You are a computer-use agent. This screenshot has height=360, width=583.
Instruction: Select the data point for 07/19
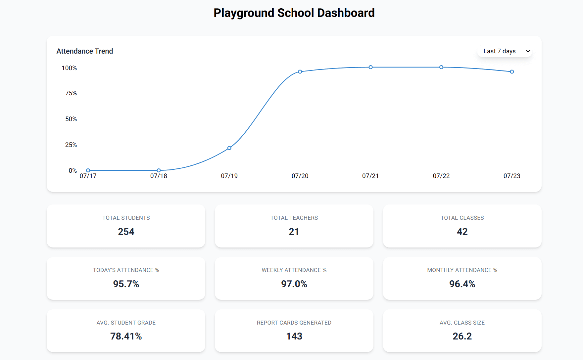(x=229, y=148)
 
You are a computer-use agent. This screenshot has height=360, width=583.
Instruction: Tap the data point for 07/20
(x=300, y=72)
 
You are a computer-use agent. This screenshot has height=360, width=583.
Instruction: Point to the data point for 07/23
(x=512, y=72)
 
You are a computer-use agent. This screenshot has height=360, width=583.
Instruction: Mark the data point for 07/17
(x=88, y=170)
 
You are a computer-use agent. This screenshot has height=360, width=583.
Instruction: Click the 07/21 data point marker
(x=371, y=67)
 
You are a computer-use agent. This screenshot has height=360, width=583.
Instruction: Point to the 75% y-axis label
(x=71, y=93)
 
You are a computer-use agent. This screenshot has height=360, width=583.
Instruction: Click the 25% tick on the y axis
(x=71, y=145)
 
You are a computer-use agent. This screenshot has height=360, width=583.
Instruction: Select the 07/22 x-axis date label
(x=441, y=176)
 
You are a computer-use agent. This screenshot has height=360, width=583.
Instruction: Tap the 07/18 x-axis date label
(x=159, y=176)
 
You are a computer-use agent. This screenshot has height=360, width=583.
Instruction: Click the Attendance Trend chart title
(x=85, y=51)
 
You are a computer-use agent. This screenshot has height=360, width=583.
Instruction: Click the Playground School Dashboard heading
(x=294, y=13)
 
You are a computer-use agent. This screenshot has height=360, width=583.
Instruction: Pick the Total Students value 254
(x=126, y=232)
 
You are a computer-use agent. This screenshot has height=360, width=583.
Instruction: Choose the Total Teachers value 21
(x=294, y=232)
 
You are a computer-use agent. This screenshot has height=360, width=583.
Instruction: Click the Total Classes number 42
(x=462, y=232)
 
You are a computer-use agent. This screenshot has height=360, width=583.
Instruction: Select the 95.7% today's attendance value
(x=126, y=284)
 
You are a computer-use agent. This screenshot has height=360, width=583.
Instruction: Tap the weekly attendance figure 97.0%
(x=294, y=284)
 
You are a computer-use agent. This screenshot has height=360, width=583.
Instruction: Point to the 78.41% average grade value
(x=126, y=336)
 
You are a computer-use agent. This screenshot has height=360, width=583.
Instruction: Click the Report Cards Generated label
(x=294, y=323)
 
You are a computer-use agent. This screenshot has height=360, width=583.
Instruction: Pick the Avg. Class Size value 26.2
(x=462, y=336)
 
